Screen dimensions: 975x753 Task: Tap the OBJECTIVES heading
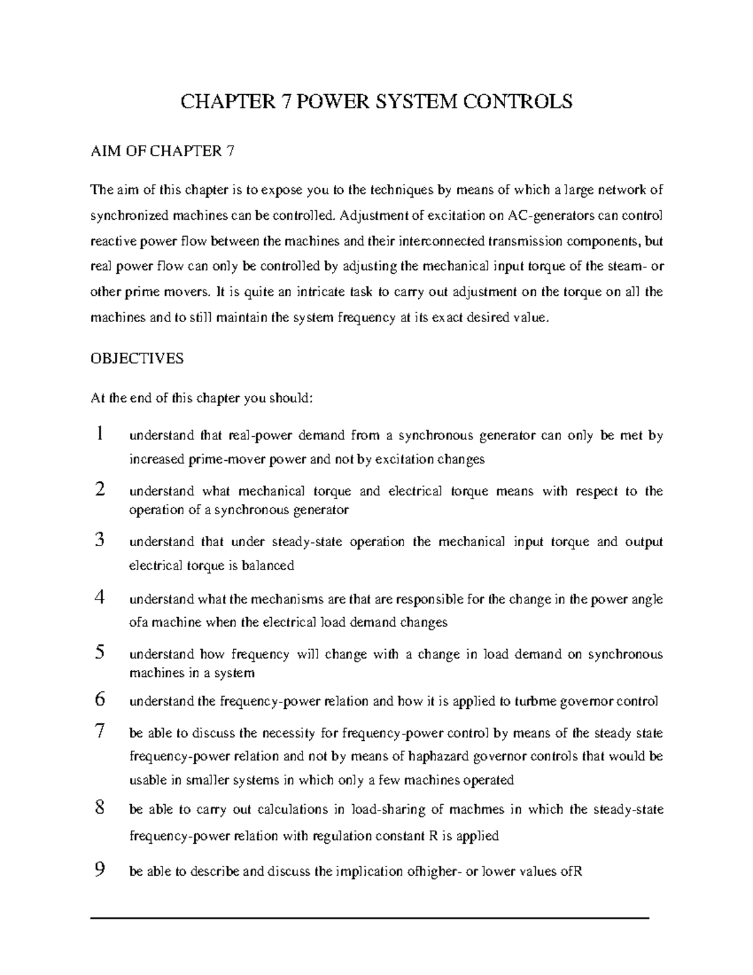pyautogui.click(x=137, y=358)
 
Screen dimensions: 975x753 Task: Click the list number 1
pyautogui.click(x=99, y=434)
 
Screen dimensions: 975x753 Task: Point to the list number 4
pyautogui.click(x=99, y=598)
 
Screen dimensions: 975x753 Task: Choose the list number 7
pyautogui.click(x=99, y=731)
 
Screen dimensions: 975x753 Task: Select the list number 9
pyautogui.click(x=99, y=870)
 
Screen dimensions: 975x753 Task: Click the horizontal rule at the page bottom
pyautogui.click(x=370, y=918)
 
